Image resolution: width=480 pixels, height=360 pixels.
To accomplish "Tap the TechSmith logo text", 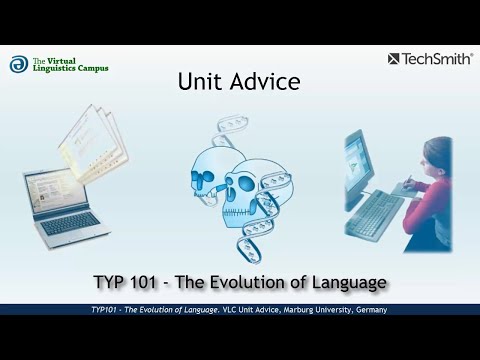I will (x=437, y=59).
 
